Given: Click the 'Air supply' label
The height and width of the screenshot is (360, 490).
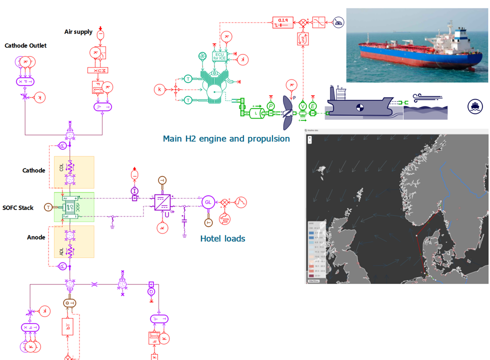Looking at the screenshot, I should [x=78, y=32].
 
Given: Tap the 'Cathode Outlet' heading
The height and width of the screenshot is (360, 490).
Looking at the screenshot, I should [x=25, y=45].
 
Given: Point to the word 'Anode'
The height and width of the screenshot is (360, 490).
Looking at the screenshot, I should [x=36, y=237].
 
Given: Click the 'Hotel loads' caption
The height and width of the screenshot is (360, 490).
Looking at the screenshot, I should [x=222, y=239].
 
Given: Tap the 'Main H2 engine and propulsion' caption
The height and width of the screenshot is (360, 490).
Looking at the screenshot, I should [x=226, y=138].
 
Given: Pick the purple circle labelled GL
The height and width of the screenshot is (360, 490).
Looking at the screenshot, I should [x=208, y=202].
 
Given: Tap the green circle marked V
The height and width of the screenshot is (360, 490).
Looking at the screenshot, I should [x=303, y=105].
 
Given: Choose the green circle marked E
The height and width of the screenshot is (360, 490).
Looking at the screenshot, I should [x=313, y=105].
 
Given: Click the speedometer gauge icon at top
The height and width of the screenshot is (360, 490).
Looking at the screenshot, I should [x=339, y=22].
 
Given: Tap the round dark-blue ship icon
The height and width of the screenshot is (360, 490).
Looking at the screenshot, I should [x=475, y=105].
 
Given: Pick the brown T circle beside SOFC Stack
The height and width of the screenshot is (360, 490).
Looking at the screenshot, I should [x=48, y=207].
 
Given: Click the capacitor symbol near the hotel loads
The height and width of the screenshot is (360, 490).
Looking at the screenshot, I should [x=184, y=219].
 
